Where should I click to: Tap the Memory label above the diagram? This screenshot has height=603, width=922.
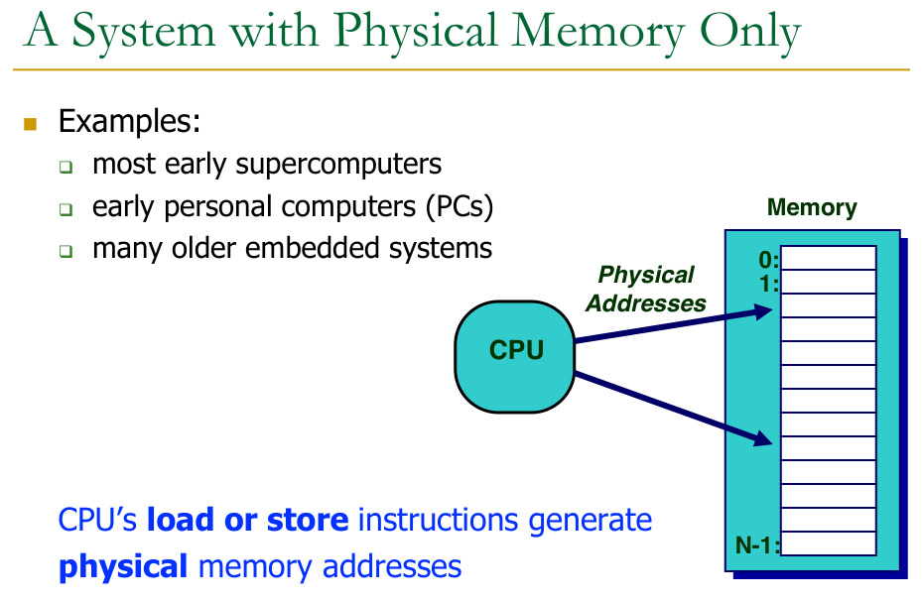[x=812, y=208]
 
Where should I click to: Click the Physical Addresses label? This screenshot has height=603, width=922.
[x=646, y=289]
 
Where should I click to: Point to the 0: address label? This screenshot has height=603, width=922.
[x=768, y=261]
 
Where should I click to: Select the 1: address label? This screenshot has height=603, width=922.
[x=768, y=283]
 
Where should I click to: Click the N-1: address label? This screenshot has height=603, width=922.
[x=757, y=543]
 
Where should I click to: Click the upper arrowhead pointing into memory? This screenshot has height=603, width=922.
[x=764, y=312]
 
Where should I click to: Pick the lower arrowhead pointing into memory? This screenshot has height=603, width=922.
[x=764, y=438]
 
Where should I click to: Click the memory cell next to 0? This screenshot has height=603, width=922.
[x=828, y=258]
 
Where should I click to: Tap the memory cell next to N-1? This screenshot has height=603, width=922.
[x=828, y=543]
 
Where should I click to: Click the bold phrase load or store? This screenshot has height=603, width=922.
[x=248, y=520]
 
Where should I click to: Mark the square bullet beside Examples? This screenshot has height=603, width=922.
[x=30, y=124]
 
